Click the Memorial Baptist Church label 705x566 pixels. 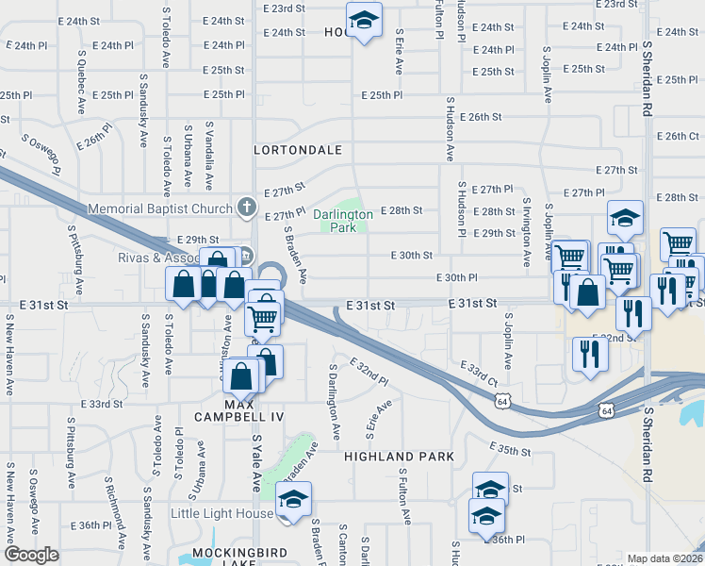coord(160,208)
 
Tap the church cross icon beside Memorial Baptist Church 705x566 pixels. coord(246,207)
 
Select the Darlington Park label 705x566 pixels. coord(343,221)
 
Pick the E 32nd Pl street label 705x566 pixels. coord(369,372)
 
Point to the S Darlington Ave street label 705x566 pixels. coord(334,403)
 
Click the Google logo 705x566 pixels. coord(31,555)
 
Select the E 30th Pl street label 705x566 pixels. coord(458,277)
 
